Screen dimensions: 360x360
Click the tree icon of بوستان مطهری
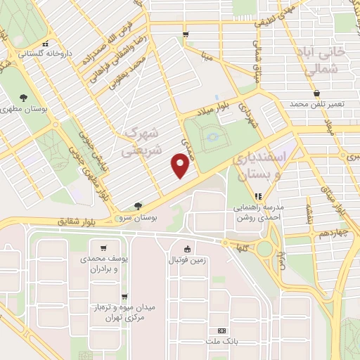(25, 98)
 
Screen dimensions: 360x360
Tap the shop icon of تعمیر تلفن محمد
(316, 93)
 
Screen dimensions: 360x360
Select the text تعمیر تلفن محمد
(319, 104)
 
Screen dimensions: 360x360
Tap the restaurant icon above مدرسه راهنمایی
(258, 196)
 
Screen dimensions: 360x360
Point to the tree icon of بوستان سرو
(138, 206)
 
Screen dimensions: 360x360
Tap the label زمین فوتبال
(187, 260)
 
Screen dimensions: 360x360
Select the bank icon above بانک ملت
(222, 330)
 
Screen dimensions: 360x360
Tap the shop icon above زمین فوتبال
(187, 248)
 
